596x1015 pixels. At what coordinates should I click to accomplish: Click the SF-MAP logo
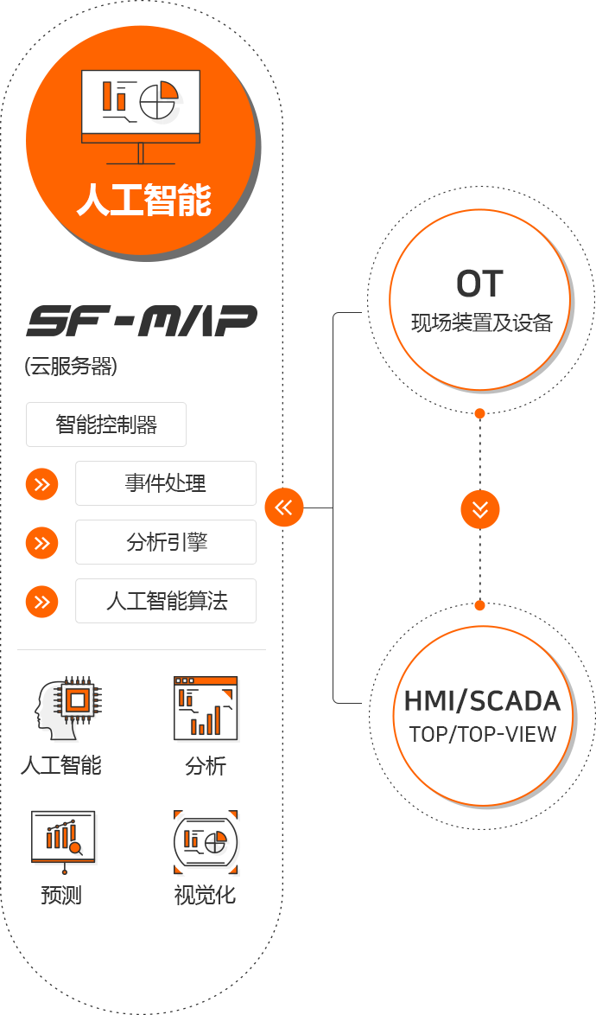[x=142, y=321]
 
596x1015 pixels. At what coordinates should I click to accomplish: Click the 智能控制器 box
[x=106, y=425]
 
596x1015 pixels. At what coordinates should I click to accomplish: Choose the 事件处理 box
[x=166, y=482]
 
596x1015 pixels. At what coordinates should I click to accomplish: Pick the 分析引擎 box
[x=166, y=542]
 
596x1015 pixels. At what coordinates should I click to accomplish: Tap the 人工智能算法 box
[x=166, y=601]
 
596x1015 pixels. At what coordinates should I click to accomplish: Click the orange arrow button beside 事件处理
[x=41, y=484]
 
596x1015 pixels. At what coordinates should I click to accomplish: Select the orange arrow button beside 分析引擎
[x=41, y=543]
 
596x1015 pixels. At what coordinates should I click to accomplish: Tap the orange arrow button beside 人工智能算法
[x=41, y=602]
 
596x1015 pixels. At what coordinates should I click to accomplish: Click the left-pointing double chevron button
[x=283, y=507]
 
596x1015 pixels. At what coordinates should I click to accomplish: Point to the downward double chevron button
[x=480, y=509]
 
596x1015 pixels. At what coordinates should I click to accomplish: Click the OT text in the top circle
[x=479, y=284]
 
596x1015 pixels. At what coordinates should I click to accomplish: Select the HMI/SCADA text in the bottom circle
[x=482, y=701]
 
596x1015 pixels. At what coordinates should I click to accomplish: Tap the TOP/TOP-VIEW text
[x=482, y=734]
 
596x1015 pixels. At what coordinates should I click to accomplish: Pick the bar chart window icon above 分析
[x=206, y=708]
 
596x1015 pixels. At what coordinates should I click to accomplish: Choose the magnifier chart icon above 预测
[x=63, y=837]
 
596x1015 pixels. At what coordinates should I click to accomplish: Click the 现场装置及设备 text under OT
[x=481, y=323]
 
